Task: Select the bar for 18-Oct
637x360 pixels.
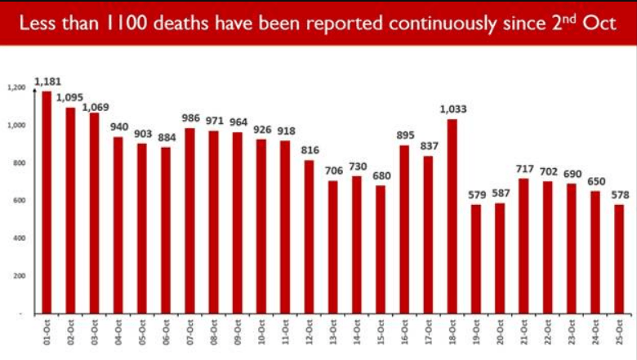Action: (x=452, y=216)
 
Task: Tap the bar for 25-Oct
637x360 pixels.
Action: (x=618, y=259)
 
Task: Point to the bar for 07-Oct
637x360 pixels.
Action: (x=189, y=220)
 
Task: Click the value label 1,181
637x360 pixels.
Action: (x=47, y=82)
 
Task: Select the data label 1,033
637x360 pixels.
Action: (x=452, y=109)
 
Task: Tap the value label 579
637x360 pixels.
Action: (x=475, y=194)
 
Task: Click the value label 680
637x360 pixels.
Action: (x=380, y=176)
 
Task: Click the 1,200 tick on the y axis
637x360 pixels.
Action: (x=16, y=87)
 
